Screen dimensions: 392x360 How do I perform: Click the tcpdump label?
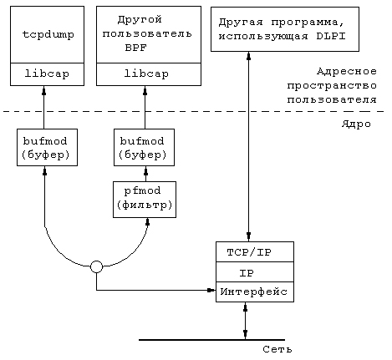(x=48, y=34)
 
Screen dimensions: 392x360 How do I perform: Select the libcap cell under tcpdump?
(x=47, y=74)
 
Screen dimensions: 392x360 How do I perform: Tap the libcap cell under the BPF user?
(x=149, y=74)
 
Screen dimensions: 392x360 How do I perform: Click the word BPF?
(x=135, y=48)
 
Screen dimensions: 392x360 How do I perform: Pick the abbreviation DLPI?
(x=331, y=37)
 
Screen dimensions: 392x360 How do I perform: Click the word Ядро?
(x=356, y=124)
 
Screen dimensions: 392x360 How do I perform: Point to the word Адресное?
(x=347, y=72)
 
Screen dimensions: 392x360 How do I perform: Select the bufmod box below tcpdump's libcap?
(x=47, y=147)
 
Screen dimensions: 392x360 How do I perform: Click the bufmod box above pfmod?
(x=144, y=147)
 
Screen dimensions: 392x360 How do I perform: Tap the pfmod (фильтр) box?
(x=145, y=200)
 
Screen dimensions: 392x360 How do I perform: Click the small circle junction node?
(x=96, y=266)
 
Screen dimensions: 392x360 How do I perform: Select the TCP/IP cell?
(x=255, y=251)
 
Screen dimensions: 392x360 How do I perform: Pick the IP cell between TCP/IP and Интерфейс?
(x=255, y=271)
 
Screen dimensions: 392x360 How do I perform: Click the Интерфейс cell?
(x=255, y=292)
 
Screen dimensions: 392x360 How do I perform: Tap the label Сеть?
(x=277, y=349)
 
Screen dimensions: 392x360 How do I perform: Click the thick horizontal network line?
(x=211, y=340)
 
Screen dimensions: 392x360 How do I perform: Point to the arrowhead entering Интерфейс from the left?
(x=211, y=291)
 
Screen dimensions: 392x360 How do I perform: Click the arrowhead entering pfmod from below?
(x=148, y=221)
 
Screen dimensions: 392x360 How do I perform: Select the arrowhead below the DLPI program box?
(x=249, y=56)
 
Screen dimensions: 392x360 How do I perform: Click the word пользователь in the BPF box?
(x=147, y=33)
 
